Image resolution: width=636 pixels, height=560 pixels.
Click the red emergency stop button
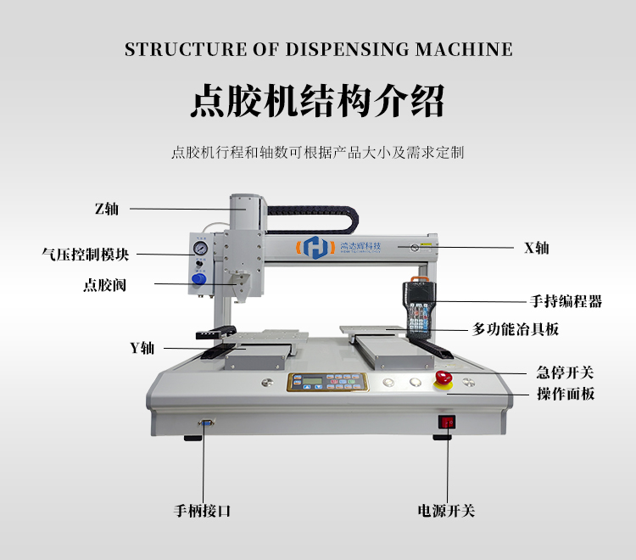point(444,378)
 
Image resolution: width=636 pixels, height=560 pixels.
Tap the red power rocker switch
point(447,423)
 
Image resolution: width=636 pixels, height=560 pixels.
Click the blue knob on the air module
point(198,279)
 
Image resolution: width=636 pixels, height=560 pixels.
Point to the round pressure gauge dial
point(199,248)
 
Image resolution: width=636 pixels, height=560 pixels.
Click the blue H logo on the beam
point(315,247)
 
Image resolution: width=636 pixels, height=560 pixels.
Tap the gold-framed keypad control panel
point(328,383)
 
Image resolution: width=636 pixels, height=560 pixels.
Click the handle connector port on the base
point(206,423)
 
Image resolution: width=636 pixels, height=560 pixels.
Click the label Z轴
point(107,209)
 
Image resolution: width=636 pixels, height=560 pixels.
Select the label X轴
point(536,248)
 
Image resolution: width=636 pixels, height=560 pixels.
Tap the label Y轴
point(142,348)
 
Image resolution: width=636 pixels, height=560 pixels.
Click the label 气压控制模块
point(85,255)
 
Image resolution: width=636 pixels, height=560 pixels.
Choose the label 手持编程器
point(566,301)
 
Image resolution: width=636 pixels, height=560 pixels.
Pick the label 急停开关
point(565,372)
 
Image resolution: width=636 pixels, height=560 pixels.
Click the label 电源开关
point(446,511)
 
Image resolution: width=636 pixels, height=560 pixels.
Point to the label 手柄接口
point(202,511)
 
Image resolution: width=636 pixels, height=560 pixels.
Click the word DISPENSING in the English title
point(347,49)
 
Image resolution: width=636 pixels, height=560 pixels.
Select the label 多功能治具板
point(515,329)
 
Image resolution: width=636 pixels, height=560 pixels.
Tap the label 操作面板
point(566,394)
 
